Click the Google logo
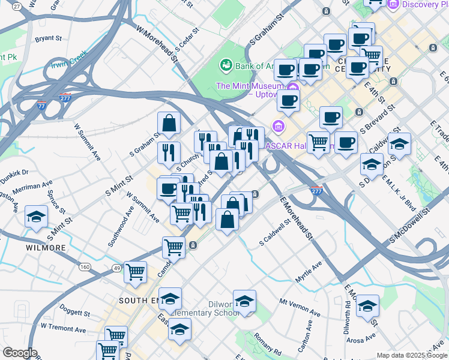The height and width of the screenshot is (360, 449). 20,353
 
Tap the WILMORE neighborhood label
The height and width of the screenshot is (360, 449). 46,247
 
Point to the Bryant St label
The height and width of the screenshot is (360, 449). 49,38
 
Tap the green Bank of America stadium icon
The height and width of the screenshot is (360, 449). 226,64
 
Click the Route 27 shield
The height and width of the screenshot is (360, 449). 16,5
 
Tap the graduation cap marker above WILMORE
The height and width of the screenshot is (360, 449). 37,216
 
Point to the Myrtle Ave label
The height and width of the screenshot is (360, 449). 309,271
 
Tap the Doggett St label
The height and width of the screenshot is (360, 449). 74,313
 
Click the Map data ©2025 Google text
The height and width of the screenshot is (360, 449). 411,355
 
